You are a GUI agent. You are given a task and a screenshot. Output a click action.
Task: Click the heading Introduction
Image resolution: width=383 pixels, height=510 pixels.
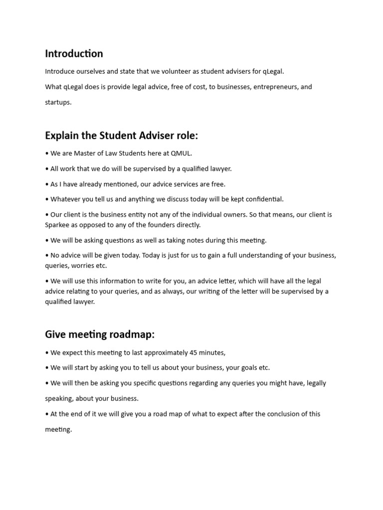[74, 53]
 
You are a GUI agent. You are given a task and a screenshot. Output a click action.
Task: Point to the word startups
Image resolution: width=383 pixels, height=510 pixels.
[58, 102]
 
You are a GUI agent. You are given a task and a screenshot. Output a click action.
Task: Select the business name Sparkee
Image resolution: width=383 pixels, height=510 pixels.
[58, 225]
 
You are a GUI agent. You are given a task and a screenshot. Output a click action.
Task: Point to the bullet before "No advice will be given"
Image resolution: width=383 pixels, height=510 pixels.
[47, 255]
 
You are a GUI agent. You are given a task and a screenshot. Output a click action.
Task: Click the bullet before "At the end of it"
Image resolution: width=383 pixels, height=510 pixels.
[47, 414]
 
